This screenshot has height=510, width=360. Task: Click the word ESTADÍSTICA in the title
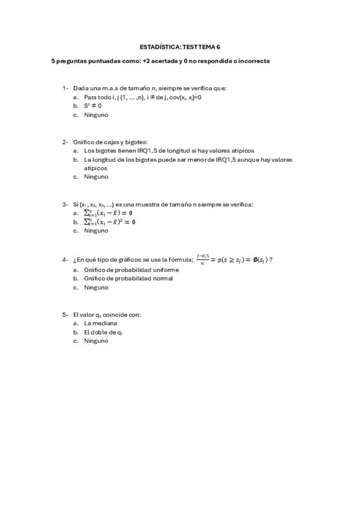coord(157,46)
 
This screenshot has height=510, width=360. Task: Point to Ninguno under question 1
coord(96,114)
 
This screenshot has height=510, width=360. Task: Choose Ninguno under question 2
coord(96,177)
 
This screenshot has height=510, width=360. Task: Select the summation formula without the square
coord(109,213)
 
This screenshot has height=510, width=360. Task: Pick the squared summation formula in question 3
coord(110,222)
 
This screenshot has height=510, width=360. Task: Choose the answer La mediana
coord(100,323)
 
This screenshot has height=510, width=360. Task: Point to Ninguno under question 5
coord(96,340)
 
